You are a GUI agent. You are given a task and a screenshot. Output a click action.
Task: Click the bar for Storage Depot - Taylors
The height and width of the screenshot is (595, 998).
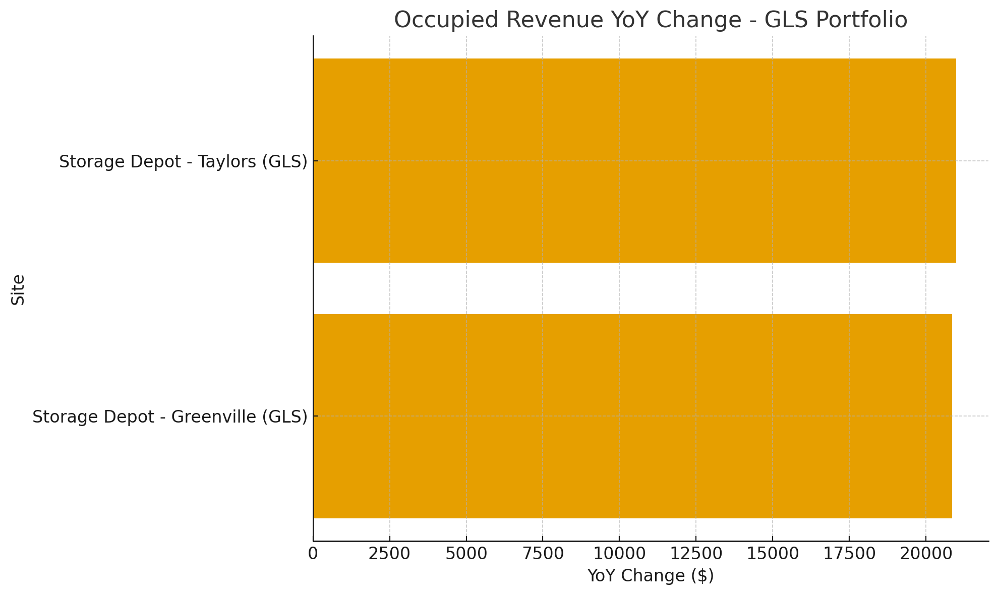click(x=634, y=160)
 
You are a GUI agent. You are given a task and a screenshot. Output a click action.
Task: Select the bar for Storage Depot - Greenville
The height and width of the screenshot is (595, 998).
click(x=632, y=416)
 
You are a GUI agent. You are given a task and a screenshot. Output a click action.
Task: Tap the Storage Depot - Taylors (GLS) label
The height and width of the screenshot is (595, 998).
click(x=183, y=162)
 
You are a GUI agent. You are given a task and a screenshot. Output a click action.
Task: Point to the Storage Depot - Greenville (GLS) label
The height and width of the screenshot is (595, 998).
click(x=170, y=417)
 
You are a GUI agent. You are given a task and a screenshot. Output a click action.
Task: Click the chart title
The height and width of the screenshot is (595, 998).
click(x=650, y=20)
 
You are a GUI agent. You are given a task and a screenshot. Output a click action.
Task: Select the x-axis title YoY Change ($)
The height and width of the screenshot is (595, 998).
click(x=651, y=576)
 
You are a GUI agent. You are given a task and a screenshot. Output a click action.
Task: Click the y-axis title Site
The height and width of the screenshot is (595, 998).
click(x=18, y=289)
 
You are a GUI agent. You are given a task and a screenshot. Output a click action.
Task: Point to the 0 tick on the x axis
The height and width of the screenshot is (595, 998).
click(x=313, y=554)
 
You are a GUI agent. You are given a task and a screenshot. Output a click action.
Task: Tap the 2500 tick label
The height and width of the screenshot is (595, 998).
click(x=390, y=554)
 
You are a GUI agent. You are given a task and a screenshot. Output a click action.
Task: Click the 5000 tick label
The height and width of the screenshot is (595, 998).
click(x=466, y=554)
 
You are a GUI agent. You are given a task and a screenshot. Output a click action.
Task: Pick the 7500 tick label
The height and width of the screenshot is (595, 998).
click(x=543, y=554)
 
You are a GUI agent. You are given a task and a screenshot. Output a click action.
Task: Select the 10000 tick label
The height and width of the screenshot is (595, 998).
click(x=619, y=554)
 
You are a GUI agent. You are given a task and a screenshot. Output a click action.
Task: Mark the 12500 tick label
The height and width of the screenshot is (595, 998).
click(x=696, y=554)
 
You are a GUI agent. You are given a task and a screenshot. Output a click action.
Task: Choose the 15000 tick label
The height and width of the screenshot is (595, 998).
click(x=773, y=554)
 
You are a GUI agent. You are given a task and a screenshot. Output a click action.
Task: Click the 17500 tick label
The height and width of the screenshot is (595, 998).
click(x=849, y=554)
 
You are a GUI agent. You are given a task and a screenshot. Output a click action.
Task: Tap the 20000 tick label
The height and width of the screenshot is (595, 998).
click(x=926, y=554)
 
